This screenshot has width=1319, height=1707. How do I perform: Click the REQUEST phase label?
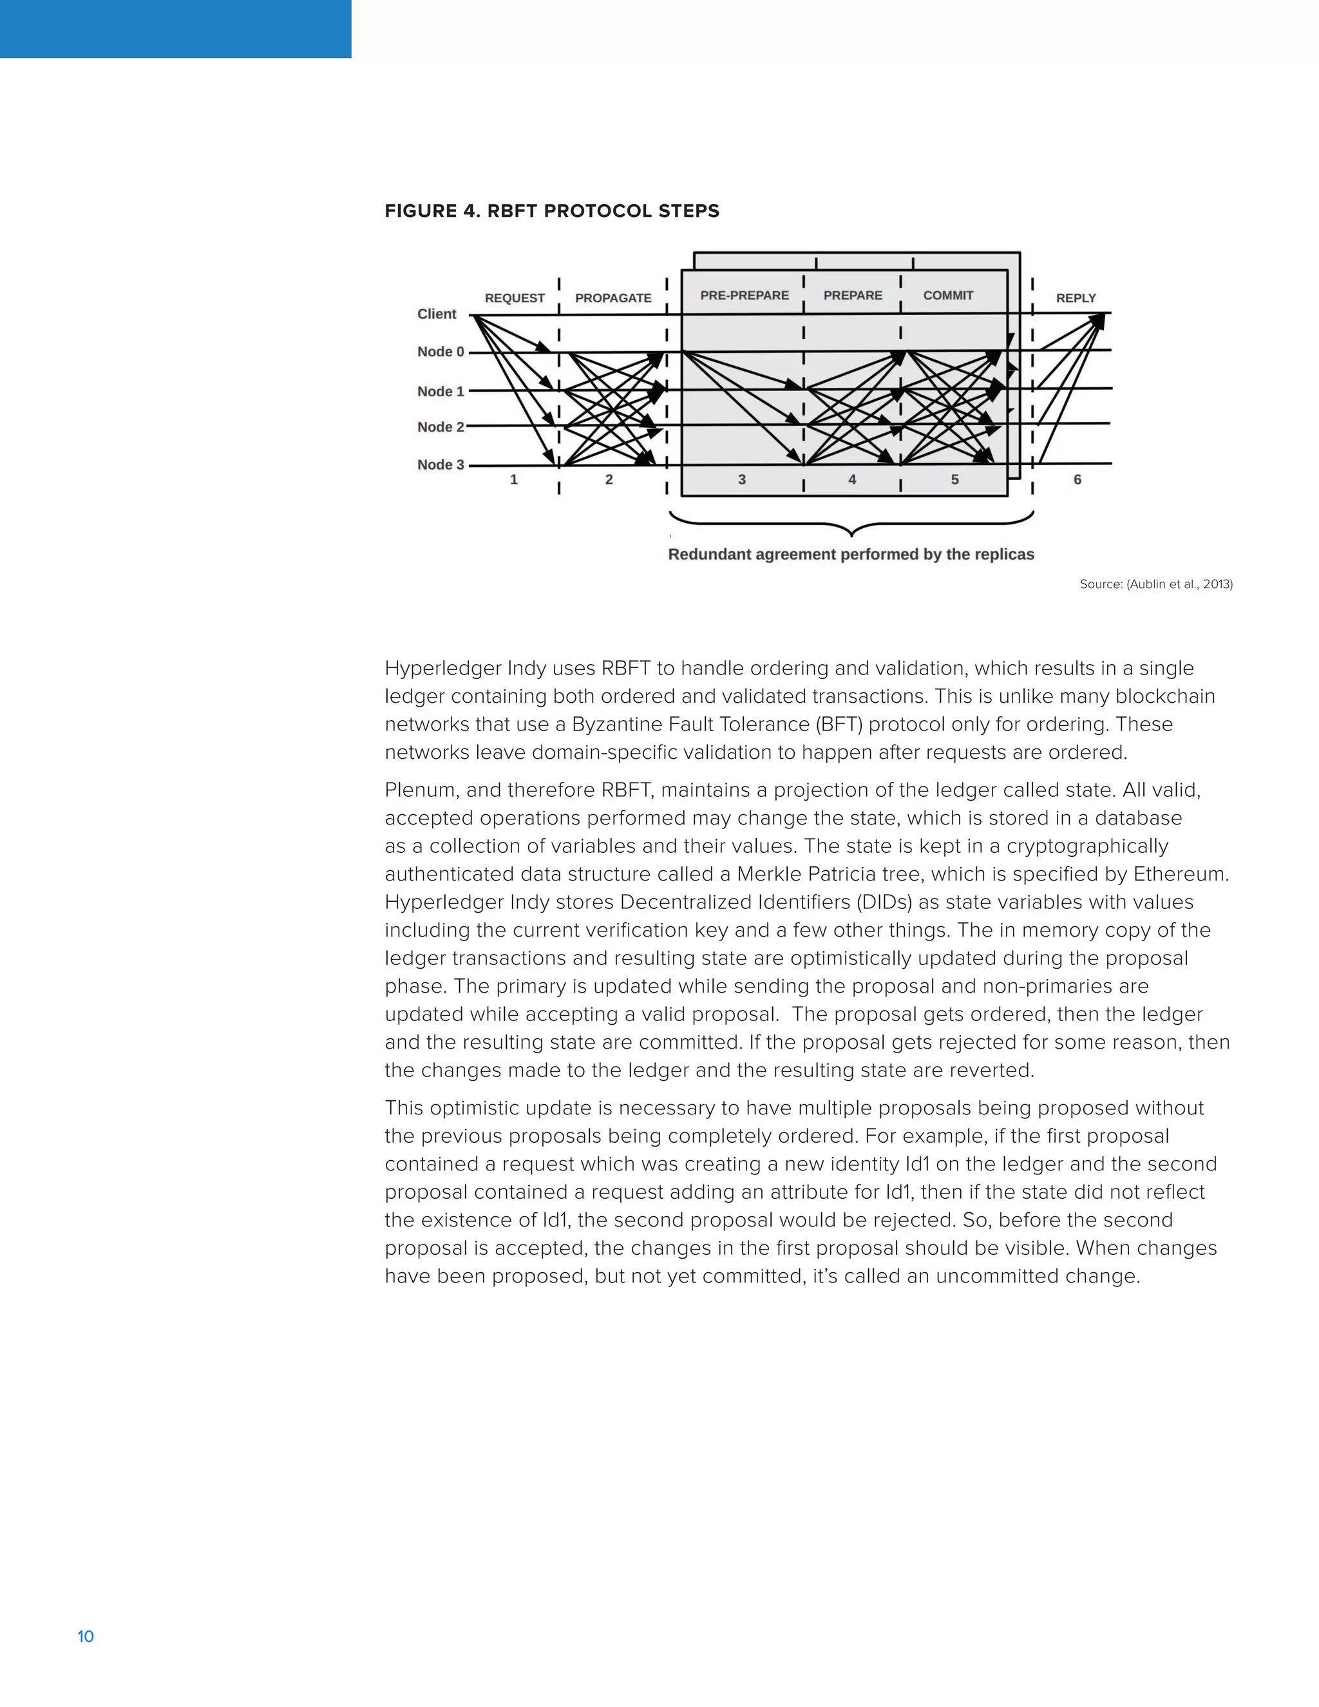tap(514, 298)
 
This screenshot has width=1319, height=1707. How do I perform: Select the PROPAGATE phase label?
tap(612, 298)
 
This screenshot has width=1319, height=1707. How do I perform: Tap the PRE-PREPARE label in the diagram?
tap(744, 296)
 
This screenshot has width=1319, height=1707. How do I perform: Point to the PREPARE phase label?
tap(853, 296)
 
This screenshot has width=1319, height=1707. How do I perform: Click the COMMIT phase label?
tap(948, 296)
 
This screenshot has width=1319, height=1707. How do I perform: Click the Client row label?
tap(436, 314)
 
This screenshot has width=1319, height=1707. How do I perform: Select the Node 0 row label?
tap(440, 352)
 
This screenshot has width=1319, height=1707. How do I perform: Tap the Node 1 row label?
tap(440, 392)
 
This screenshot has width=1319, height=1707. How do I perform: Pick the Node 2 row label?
tap(440, 426)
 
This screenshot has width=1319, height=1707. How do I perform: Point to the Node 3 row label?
tap(440, 464)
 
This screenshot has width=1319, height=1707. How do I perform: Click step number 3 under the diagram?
tap(741, 479)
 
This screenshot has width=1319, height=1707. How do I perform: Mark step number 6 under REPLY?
tap(1077, 479)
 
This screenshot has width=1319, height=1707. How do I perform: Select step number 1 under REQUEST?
tap(513, 479)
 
